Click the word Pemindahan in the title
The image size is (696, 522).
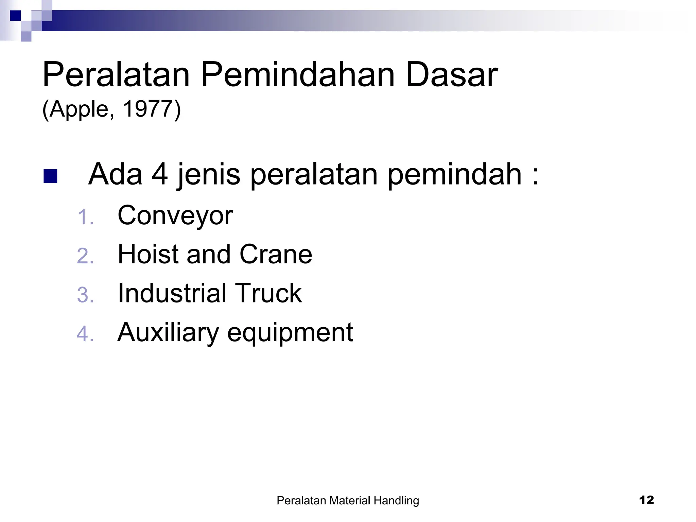coord(297,75)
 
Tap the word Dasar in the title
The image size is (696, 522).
coord(452,75)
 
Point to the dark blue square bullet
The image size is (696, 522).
coord(50,176)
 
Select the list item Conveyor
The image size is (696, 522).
coord(175,216)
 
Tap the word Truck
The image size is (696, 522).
coord(268,293)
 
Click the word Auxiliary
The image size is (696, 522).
coord(168,332)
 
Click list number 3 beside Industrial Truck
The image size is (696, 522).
coord(85,295)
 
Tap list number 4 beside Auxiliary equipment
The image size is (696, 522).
coord(85,334)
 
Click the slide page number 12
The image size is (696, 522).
coord(646,500)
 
